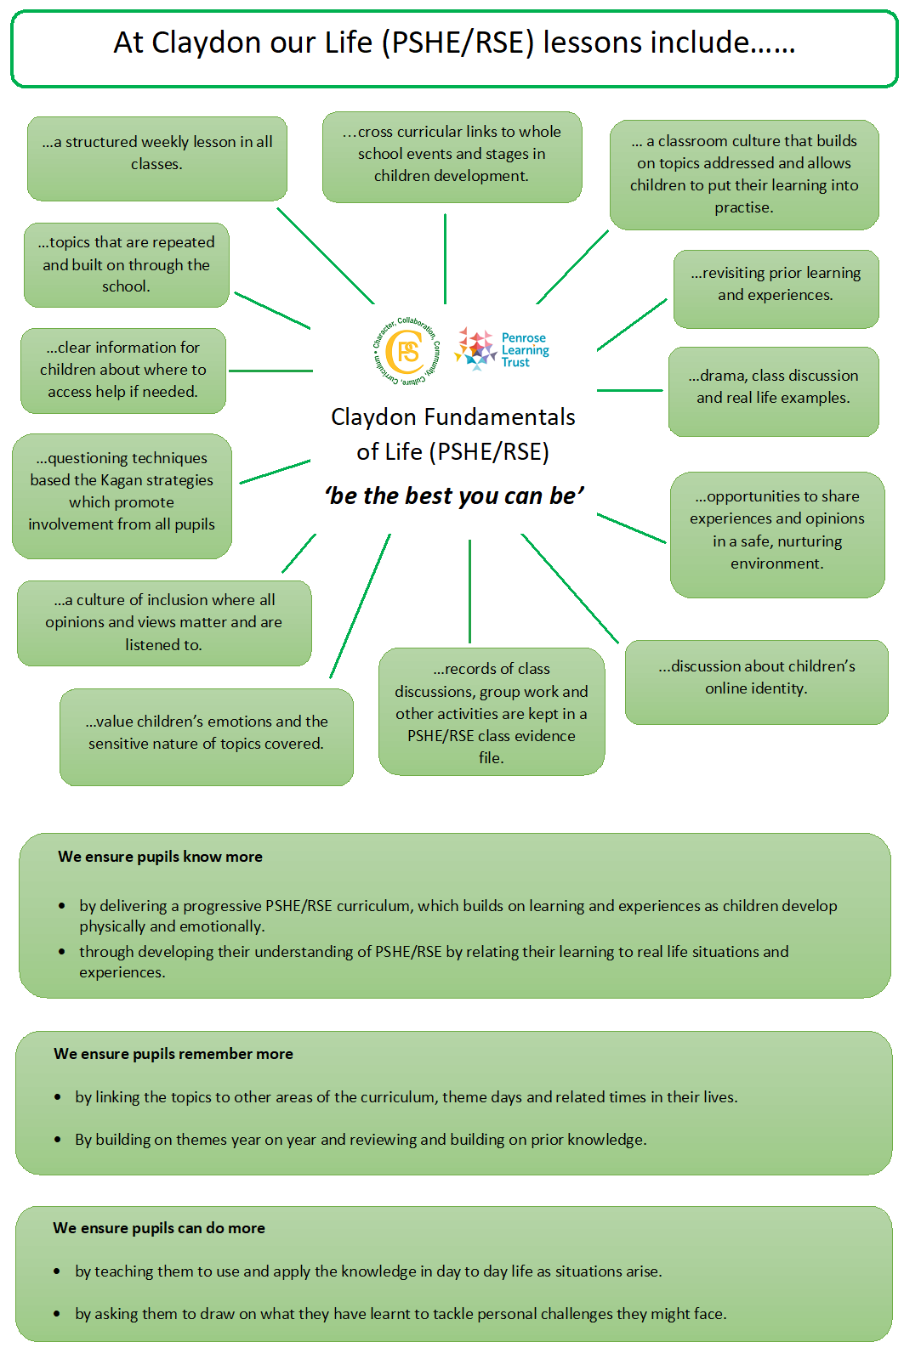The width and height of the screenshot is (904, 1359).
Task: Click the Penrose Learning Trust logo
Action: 502,349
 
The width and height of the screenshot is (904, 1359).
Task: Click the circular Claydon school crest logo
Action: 407,351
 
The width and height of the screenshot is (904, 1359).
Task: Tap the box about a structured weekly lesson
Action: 157,158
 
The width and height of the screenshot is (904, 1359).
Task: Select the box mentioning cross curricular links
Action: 452,156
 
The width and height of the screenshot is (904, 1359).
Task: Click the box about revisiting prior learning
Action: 776,289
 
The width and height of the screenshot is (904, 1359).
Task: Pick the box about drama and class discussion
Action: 774,391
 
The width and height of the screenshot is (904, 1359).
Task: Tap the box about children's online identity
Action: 757,682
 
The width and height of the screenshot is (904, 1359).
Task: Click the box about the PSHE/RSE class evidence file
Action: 492,711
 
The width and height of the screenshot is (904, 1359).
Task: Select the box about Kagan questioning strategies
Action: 122,495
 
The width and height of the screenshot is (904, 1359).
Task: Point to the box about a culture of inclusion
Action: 164,623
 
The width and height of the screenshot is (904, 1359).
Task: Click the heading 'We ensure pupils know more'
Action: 160,857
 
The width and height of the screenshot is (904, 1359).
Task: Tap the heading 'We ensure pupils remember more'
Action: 173,1054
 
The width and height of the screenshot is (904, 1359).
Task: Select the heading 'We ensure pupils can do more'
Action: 159,1228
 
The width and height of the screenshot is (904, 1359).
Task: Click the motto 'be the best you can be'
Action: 454,495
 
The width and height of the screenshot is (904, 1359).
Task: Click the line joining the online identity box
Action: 570,588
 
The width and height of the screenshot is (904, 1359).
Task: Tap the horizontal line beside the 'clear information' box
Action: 270,371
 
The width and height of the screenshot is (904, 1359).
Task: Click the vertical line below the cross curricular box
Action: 445,258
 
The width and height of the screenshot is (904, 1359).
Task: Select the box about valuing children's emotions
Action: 207,737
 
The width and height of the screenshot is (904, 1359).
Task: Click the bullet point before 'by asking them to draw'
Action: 56,1314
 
